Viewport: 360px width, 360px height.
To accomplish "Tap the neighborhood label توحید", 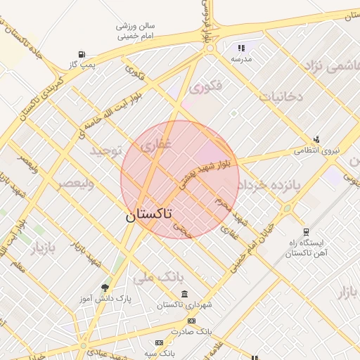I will (x=106, y=150).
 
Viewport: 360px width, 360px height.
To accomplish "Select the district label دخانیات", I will (x=281, y=96).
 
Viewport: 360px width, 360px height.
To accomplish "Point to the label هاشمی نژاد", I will (x=331, y=67).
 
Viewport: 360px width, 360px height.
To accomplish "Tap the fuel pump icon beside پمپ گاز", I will (x=84, y=54).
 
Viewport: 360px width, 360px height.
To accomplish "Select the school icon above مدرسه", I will (x=241, y=48).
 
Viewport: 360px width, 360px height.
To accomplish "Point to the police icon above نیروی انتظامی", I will (x=316, y=139).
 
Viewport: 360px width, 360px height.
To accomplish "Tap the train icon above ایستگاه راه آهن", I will (x=306, y=231).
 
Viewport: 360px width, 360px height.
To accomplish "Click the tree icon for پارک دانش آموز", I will (x=105, y=288).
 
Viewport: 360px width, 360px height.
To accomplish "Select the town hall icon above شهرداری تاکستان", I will (x=184, y=293).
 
